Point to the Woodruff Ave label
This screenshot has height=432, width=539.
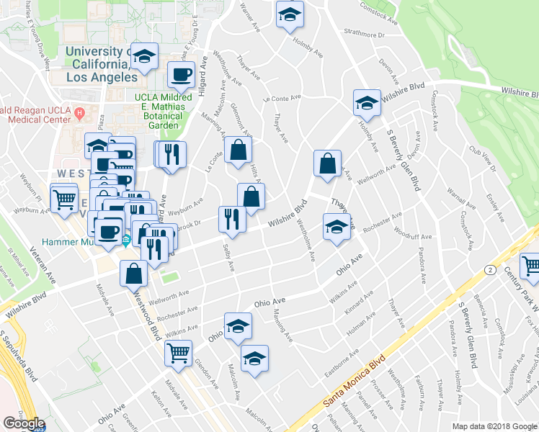point(413,233)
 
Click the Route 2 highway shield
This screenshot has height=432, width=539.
point(489,269)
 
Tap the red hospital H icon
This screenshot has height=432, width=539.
point(81,113)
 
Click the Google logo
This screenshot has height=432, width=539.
point(24,423)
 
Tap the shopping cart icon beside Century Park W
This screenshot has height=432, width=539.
point(531,266)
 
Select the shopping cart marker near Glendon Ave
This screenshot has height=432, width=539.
point(178,353)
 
